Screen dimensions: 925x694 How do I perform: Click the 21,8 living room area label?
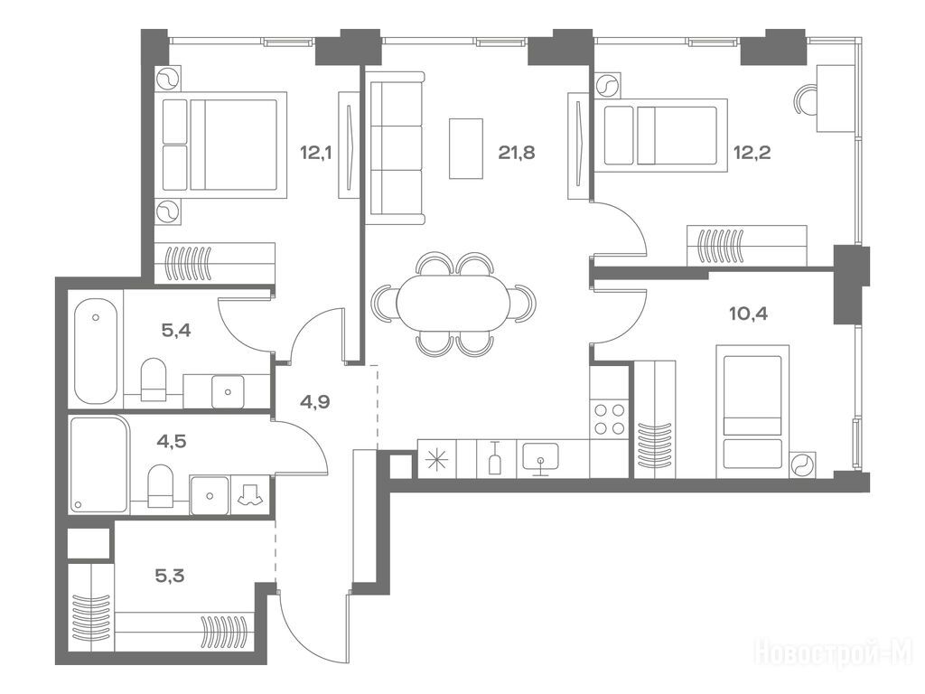click(516, 153)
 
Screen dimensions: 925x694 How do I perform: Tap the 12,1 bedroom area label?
click(315, 153)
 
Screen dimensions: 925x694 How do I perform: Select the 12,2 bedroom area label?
click(752, 153)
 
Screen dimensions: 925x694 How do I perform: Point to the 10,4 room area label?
click(749, 314)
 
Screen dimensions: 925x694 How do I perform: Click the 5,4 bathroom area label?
click(176, 330)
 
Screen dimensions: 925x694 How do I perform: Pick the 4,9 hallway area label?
click(314, 402)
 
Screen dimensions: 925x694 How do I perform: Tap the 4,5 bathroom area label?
click(172, 441)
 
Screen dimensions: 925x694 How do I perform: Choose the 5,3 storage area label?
click(170, 575)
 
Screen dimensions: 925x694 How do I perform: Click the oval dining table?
click(453, 304)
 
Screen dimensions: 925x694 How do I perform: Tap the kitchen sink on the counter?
click(539, 458)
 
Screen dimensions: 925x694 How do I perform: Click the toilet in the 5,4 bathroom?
click(154, 380)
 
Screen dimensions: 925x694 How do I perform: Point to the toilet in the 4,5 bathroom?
click(160, 485)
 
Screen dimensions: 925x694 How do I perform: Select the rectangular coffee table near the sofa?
click(466, 148)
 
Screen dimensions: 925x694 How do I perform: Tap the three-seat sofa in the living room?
click(396, 148)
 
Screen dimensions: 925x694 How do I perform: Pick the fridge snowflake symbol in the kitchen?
click(437, 458)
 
